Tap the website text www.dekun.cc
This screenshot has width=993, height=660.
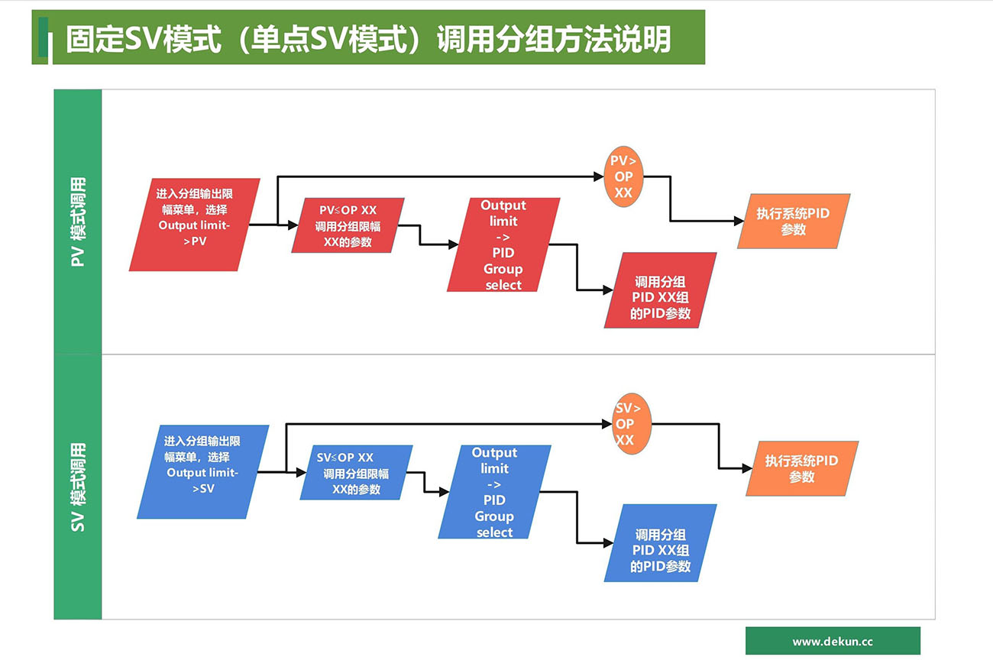pyautogui.click(x=832, y=642)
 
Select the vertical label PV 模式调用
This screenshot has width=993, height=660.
pyautogui.click(x=78, y=222)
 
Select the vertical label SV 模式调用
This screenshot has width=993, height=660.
pyautogui.click(x=78, y=487)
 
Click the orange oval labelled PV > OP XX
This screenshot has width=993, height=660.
pyautogui.click(x=623, y=176)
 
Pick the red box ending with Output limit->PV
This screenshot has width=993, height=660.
pyautogui.click(x=195, y=225)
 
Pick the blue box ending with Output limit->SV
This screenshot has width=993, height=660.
pyautogui.click(x=203, y=472)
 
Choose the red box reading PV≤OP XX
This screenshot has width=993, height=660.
pyautogui.click(x=348, y=225)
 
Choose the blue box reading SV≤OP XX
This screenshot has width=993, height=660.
pyautogui.click(x=356, y=473)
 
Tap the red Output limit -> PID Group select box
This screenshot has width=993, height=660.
pyautogui.click(x=503, y=244)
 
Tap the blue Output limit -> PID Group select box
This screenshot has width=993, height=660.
pyautogui.click(x=495, y=492)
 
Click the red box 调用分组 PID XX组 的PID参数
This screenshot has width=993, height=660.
pyautogui.click(x=661, y=290)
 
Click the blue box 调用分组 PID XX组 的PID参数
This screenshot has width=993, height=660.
pyautogui.click(x=661, y=543)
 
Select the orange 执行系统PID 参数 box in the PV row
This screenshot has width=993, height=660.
pyautogui.click(x=793, y=222)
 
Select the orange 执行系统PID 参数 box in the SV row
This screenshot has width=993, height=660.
pyautogui.click(x=802, y=468)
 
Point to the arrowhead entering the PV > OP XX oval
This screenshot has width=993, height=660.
pyautogui.click(x=599, y=176)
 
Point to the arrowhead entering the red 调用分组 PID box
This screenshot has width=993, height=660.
pyautogui.click(x=608, y=290)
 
